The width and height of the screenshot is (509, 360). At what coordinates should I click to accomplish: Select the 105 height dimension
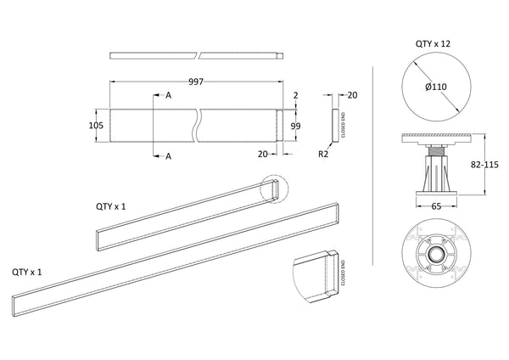(96, 125)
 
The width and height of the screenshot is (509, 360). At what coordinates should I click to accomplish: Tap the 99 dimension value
(296, 126)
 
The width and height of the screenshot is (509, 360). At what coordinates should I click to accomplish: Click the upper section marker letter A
(170, 96)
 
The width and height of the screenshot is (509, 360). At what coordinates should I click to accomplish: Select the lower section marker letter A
(170, 155)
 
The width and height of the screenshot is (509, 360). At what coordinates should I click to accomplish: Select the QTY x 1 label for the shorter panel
(111, 206)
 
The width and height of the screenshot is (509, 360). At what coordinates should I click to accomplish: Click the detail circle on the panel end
(274, 190)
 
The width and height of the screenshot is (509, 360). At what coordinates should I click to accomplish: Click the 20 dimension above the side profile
(352, 95)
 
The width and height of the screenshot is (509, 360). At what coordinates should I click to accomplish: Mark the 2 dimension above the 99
(295, 96)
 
